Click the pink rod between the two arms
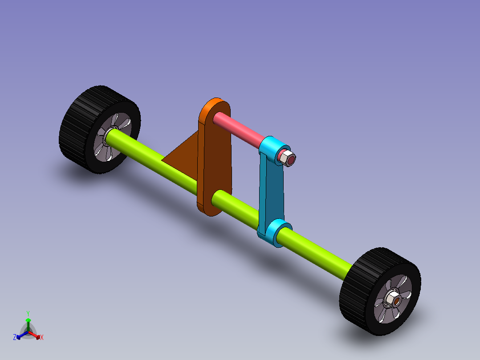click(x=239, y=129)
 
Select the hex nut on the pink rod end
click(x=285, y=157)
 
